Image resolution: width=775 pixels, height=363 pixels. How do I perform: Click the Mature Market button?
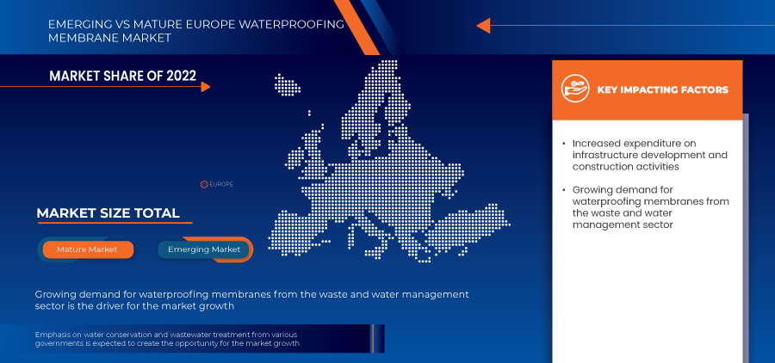pyautogui.click(x=88, y=249)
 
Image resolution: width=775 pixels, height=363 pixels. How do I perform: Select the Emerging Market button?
pyautogui.click(x=205, y=249)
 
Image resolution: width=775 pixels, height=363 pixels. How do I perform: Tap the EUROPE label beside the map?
pyautogui.click(x=221, y=184)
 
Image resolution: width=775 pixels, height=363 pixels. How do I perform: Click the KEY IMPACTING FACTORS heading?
pyautogui.click(x=662, y=89)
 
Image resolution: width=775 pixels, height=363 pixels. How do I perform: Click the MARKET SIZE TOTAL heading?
pyautogui.click(x=108, y=213)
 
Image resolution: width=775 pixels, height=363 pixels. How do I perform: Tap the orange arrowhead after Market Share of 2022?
pyautogui.click(x=204, y=86)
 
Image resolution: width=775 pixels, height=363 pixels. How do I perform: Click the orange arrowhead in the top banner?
pyautogui.click(x=483, y=25)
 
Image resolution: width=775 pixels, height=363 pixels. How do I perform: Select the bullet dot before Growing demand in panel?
pyautogui.click(x=563, y=189)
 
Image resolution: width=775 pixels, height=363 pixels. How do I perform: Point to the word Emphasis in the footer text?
pyautogui.click(x=54, y=335)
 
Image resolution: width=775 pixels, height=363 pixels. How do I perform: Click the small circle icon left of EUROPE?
pyautogui.click(x=204, y=184)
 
